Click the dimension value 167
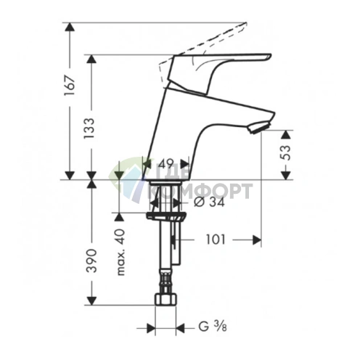pos(70,86)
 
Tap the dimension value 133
pos(89,128)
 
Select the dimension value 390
pos(92,261)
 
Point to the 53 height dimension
pos(286,152)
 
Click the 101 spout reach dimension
pos(216,240)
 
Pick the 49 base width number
pos(167,164)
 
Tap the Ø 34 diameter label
pos(209,202)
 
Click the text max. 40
pos(120,252)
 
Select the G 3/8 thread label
pos(213,327)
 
